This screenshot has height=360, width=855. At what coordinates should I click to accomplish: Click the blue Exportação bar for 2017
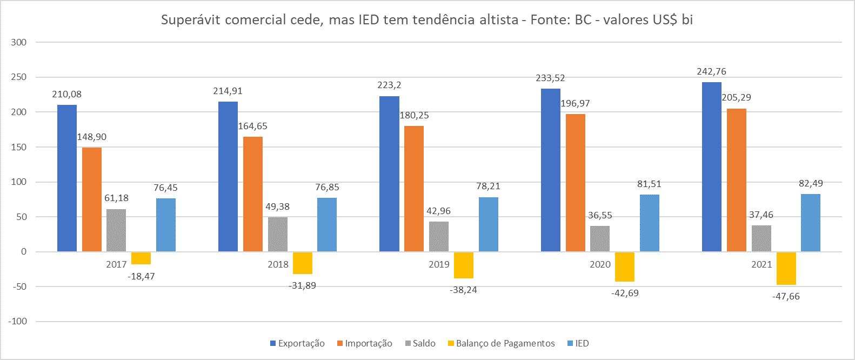[67, 178]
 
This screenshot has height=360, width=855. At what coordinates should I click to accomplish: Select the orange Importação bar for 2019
[414, 189]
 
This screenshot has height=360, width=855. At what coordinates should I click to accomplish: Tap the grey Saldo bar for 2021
[762, 238]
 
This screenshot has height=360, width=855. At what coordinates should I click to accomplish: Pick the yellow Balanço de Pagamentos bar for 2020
[625, 266]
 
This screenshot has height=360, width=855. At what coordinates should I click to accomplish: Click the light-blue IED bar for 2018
[327, 225]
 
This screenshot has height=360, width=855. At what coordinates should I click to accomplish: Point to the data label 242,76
[712, 71]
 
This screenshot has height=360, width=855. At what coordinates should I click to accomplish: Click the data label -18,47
[141, 276]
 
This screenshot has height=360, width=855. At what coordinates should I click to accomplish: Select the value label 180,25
[414, 115]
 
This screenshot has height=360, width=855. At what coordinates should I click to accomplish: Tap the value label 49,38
[277, 206]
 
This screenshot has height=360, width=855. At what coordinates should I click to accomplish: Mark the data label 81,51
[649, 184]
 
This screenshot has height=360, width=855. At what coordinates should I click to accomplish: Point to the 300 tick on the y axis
[19, 42]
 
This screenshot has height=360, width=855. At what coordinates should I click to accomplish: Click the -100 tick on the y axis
[17, 321]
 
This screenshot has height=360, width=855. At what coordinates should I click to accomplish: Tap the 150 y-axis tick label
[19, 147]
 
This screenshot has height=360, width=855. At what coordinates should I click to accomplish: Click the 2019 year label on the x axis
[439, 264]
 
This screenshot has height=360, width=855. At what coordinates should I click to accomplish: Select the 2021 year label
[762, 264]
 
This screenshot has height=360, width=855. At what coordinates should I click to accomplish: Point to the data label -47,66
[786, 296]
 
